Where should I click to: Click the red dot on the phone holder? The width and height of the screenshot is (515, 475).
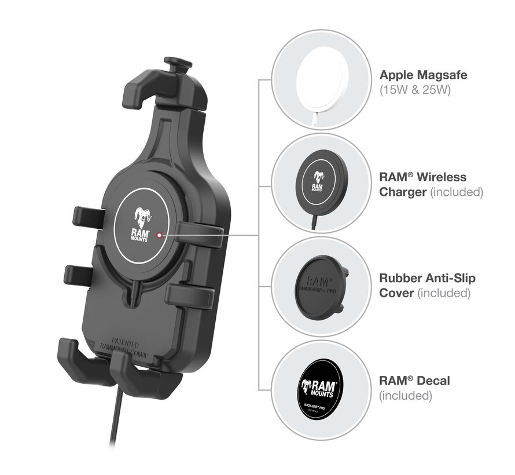160,235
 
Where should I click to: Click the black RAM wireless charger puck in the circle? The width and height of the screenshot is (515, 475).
317,185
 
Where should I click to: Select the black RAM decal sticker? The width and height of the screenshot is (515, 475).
317,388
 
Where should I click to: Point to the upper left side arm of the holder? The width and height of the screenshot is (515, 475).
87,217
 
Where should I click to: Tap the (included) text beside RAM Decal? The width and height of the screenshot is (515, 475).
406,396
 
